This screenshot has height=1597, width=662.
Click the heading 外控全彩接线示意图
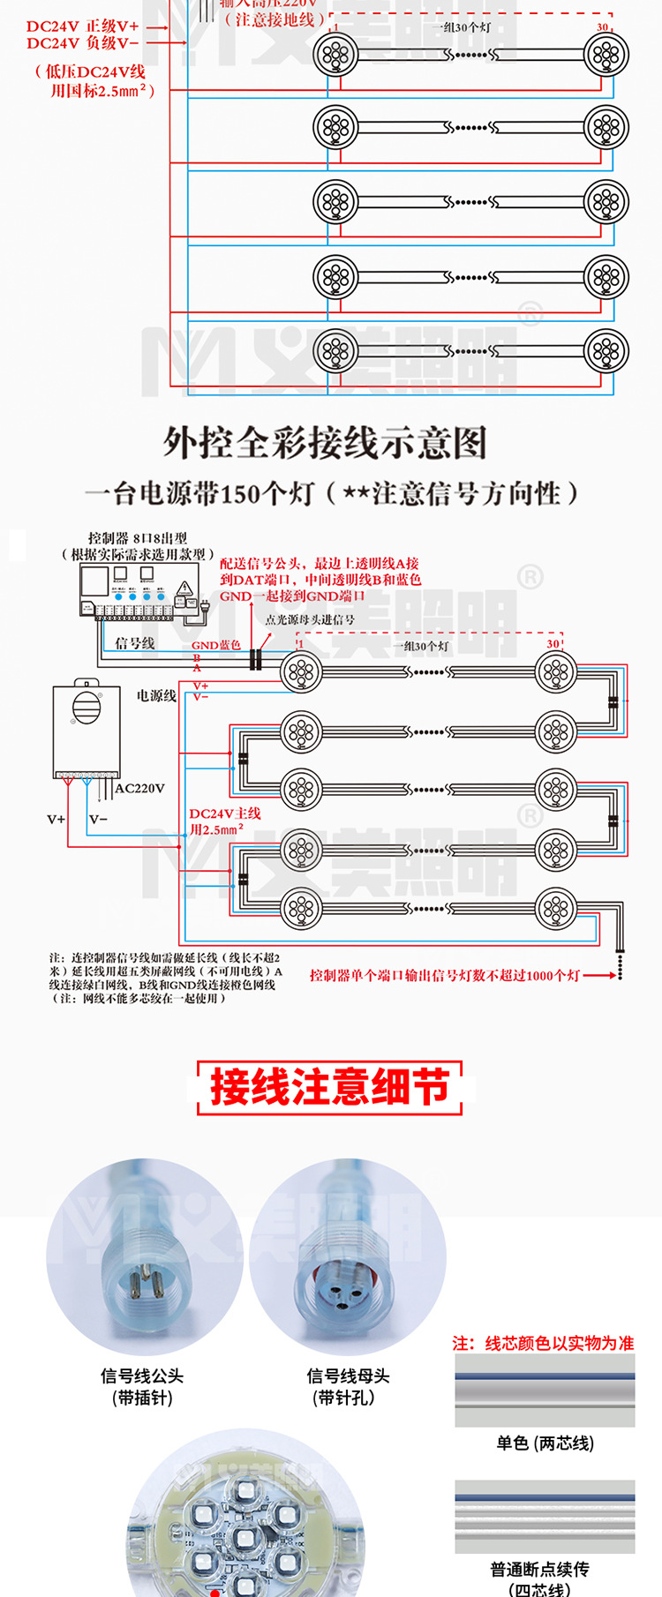click(x=325, y=443)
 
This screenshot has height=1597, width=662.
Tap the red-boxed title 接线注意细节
click(x=330, y=1087)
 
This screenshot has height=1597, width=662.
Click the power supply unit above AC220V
click(x=86, y=729)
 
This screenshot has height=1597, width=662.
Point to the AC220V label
click(x=140, y=789)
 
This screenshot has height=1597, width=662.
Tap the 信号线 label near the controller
click(x=134, y=643)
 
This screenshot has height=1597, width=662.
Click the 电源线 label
click(x=156, y=696)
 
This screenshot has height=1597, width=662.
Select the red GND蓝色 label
click(x=216, y=645)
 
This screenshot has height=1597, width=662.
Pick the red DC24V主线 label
click(x=225, y=813)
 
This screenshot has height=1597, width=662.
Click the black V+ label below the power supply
click(x=56, y=820)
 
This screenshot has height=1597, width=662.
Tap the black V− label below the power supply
click(x=98, y=820)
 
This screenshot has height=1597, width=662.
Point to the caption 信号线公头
click(x=142, y=1376)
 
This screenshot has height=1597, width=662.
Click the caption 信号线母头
click(x=348, y=1376)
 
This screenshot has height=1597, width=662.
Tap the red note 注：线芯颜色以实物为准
click(x=543, y=1343)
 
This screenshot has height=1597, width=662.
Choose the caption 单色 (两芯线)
click(x=545, y=1443)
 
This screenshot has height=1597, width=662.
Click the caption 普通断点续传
click(x=539, y=1570)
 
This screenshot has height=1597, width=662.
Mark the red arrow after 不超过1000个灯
click(x=600, y=975)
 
